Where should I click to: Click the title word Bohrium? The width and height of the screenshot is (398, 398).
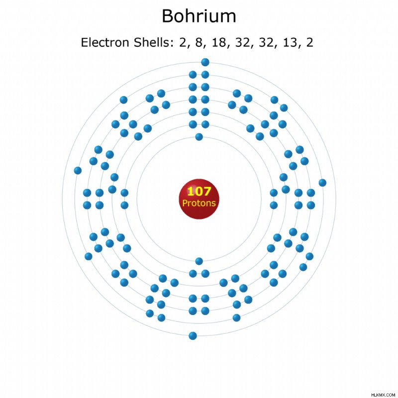199,16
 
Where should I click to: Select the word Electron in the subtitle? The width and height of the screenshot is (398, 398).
105,42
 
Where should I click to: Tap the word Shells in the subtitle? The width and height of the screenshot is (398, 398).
151,42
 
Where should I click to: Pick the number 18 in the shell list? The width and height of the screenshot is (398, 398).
219,43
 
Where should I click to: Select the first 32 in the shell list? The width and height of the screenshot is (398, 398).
242,43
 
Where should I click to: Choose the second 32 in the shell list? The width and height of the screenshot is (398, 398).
266,43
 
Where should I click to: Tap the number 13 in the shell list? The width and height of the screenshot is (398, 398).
290,43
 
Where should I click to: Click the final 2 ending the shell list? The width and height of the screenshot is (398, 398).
309,42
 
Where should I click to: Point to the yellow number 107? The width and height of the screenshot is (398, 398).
199,191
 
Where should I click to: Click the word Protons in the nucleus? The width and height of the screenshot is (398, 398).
199,203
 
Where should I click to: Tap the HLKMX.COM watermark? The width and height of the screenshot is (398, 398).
383,395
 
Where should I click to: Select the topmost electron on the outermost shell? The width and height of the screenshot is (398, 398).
205,62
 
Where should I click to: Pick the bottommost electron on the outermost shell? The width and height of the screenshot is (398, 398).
193,336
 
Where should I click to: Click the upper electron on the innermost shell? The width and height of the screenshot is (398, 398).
199,137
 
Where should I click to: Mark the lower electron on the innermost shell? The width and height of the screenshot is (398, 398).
199,261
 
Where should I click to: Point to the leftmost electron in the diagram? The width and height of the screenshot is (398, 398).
78,170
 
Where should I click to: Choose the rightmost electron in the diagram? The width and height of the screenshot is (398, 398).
322,183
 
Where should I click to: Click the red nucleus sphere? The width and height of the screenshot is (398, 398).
199,199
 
